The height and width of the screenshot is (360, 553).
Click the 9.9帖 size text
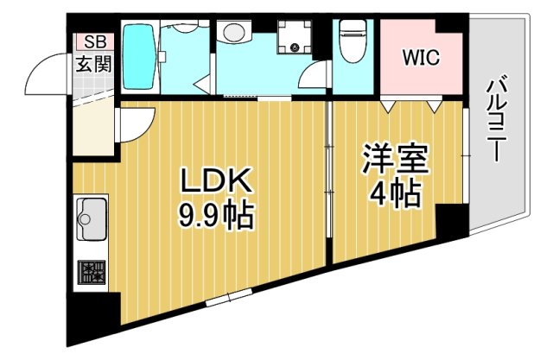(216, 214)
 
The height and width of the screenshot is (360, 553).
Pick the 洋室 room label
(395, 161)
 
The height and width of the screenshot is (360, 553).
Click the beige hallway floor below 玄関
(92, 129)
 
